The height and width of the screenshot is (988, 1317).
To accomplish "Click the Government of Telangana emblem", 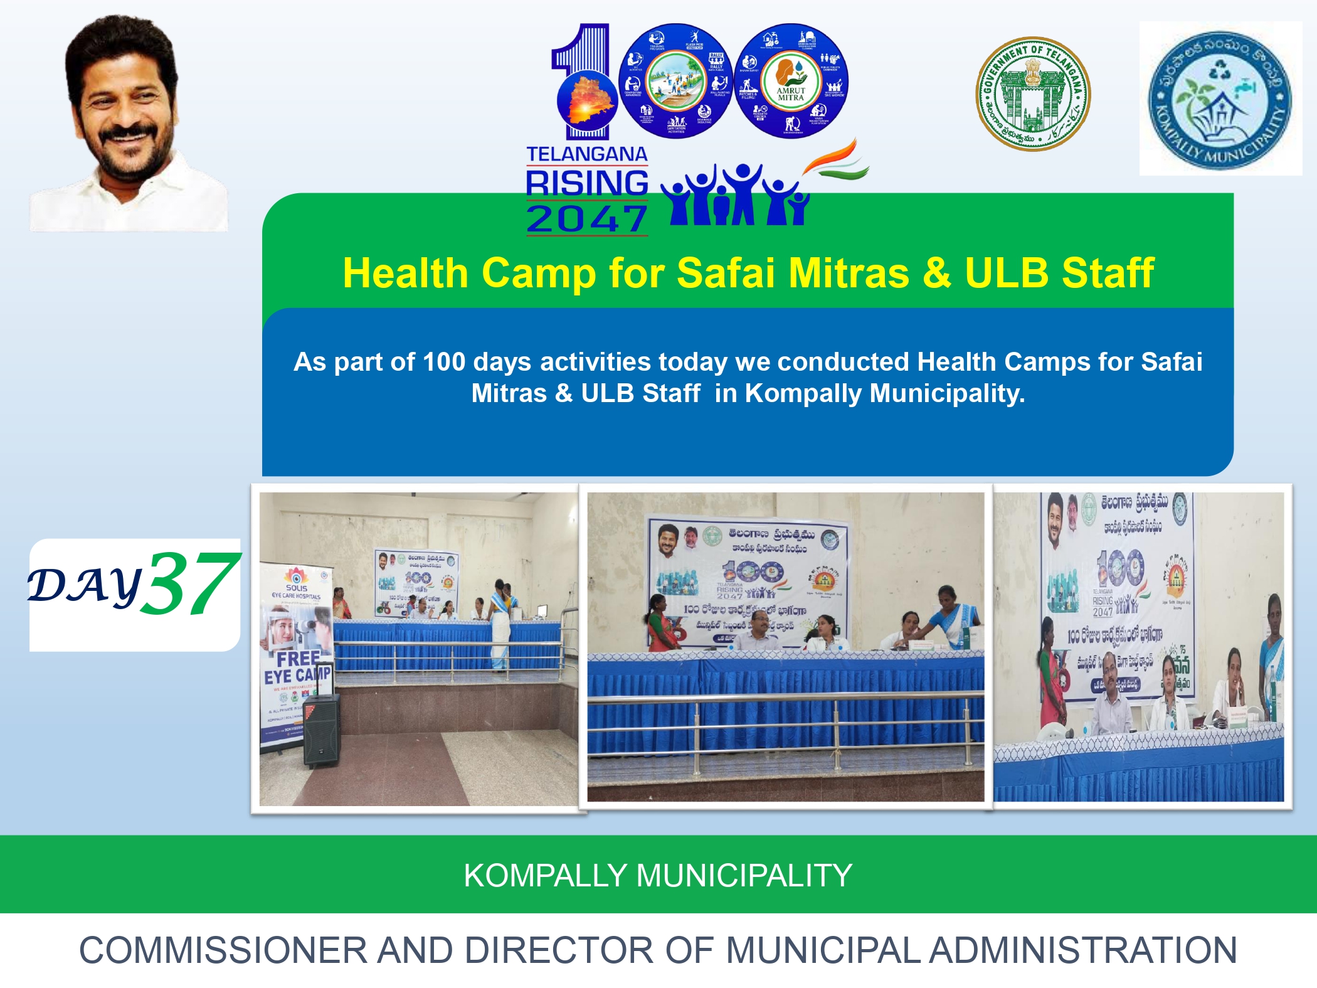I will pyautogui.click(x=1033, y=93).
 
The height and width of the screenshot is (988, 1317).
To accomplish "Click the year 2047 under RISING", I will pyautogui.click(x=586, y=220).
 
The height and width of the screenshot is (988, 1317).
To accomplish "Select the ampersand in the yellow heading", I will pyautogui.click(x=936, y=274).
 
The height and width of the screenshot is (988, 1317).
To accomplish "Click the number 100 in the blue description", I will pyautogui.click(x=443, y=362).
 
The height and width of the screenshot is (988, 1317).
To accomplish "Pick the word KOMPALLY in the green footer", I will pyautogui.click(x=545, y=875).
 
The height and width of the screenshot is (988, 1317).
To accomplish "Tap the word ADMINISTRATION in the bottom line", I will pyautogui.click(x=1082, y=950).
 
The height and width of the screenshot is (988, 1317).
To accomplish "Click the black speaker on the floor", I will pyautogui.click(x=321, y=731).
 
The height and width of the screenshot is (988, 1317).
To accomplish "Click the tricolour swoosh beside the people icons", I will pyautogui.click(x=837, y=160).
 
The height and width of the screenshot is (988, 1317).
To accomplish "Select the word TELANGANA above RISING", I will pyautogui.click(x=586, y=154).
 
